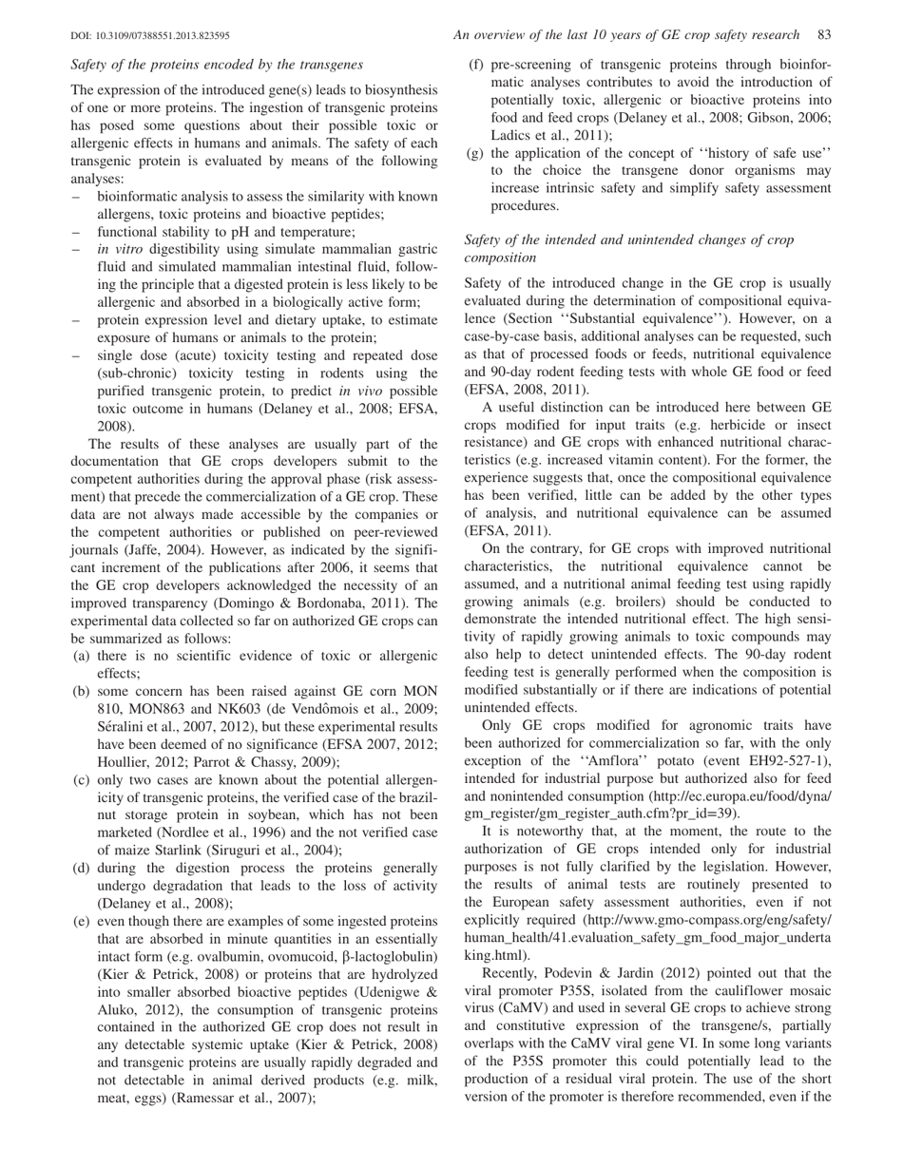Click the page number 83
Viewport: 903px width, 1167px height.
tap(824, 35)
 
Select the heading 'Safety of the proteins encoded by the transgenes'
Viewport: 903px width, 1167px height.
tap(217, 65)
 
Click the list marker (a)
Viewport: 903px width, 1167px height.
tap(82, 656)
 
